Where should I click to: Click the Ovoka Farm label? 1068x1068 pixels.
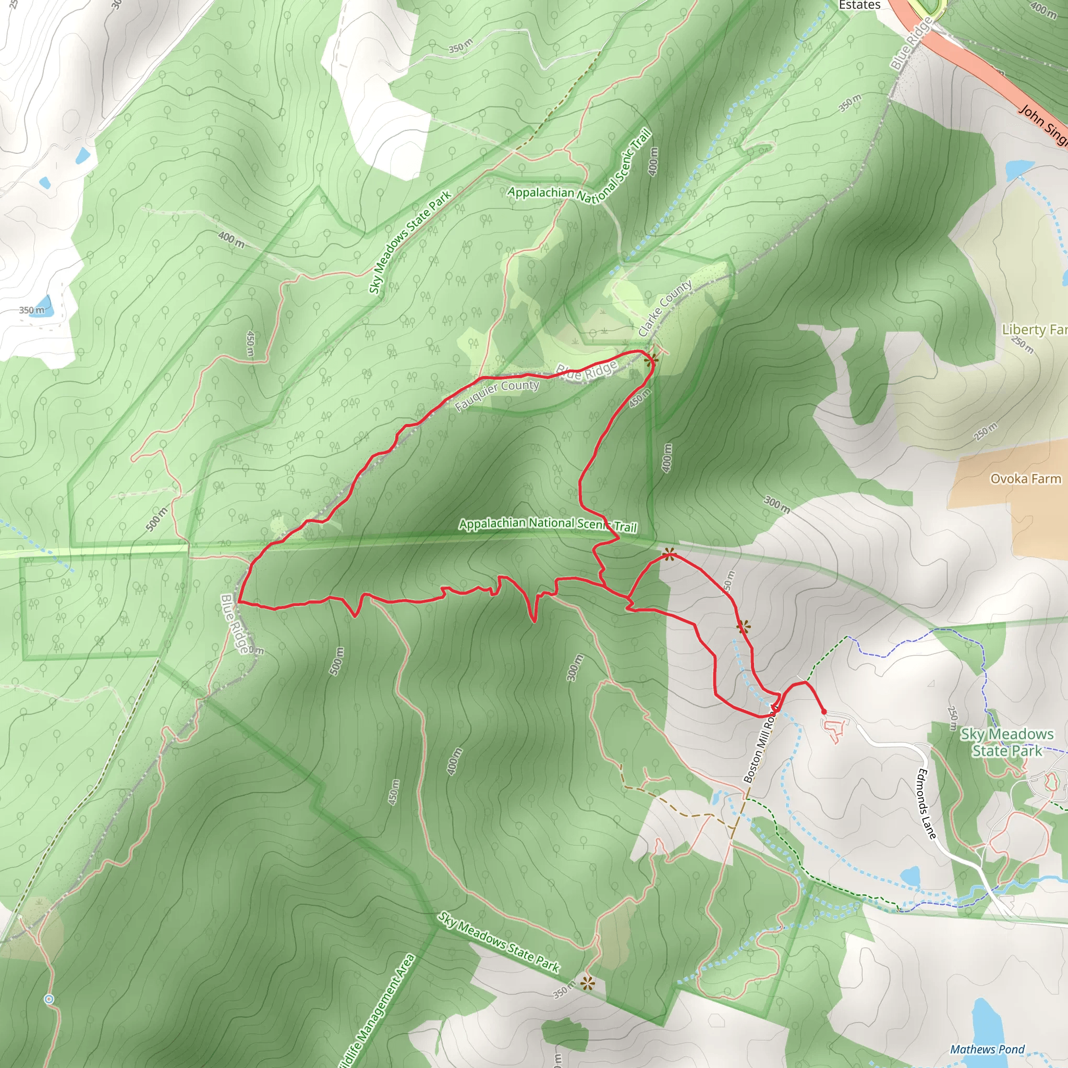point(1025,479)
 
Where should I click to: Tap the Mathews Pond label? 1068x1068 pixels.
point(987,1049)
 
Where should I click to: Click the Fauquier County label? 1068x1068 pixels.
point(497,395)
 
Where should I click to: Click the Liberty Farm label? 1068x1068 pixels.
point(1034,330)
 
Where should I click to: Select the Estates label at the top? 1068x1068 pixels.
point(859,5)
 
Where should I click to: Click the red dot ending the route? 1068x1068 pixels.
point(823,711)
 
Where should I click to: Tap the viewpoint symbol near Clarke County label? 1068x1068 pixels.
point(651,360)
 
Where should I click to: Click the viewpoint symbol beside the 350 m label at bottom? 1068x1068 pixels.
point(587,982)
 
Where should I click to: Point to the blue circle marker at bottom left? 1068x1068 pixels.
point(48,999)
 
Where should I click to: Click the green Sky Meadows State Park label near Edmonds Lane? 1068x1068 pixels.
point(1006,743)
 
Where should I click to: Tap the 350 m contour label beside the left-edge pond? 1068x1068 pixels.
point(31,310)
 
